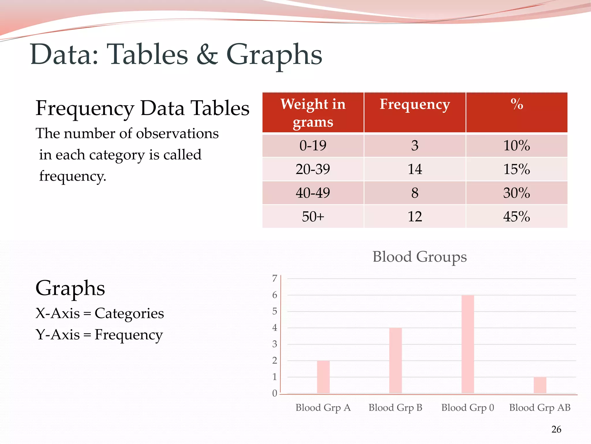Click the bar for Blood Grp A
323,377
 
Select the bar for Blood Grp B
395,360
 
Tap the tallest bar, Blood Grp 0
467,344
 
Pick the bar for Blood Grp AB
540,385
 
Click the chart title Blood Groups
419,257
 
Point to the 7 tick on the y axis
274,278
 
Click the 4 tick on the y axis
274,328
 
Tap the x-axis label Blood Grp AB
540,408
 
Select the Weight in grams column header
313,113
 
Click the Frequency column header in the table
415,104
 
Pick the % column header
517,104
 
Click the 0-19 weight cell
313,145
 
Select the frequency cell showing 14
415,169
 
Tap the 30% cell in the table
517,193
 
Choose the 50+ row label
313,217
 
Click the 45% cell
517,217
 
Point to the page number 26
556,429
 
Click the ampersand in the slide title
207,55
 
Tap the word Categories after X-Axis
129,313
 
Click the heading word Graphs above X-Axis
70,288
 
